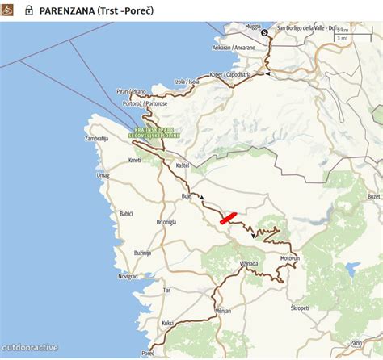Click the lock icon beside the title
click(29, 10)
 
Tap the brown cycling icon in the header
click(9, 10)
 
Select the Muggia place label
click(253, 27)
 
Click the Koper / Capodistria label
click(230, 74)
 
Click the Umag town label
click(103, 175)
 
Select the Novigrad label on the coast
click(128, 275)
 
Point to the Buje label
click(186, 196)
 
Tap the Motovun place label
click(289, 258)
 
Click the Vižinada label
click(248, 263)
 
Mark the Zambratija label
click(96, 139)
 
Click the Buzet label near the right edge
click(373, 196)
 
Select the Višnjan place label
click(223, 310)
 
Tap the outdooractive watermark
click(30, 348)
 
